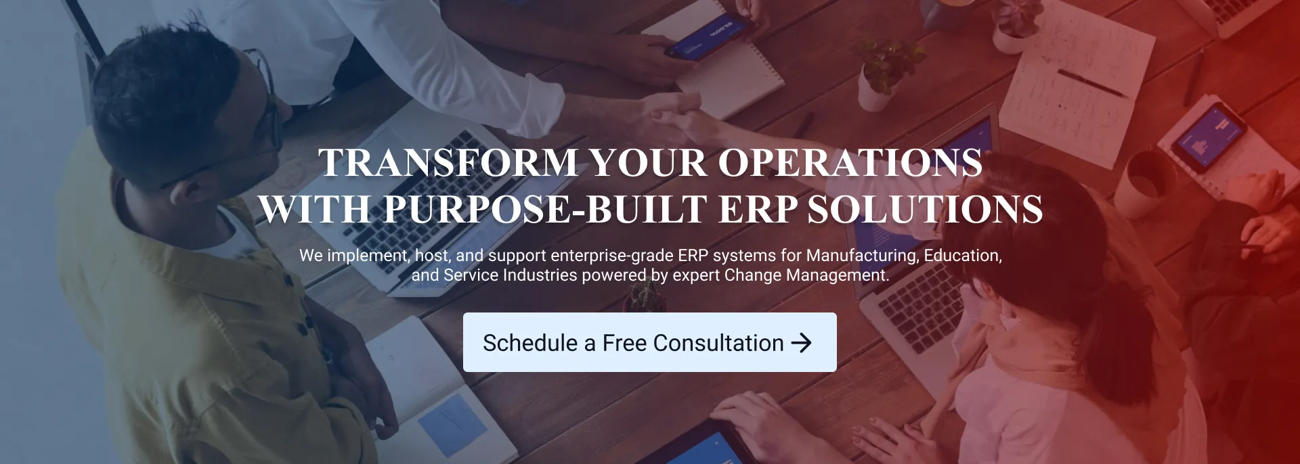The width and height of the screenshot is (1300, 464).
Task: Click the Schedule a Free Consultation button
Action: tap(649, 342)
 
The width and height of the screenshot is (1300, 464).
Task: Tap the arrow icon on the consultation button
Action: tap(801, 343)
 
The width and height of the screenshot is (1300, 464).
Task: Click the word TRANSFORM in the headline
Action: tap(448, 163)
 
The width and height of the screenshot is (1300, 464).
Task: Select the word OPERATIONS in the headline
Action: tap(850, 163)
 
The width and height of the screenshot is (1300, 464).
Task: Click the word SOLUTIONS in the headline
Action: tap(925, 209)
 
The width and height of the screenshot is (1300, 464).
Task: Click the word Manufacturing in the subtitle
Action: tap(863, 256)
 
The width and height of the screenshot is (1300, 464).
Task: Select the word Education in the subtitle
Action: tap(963, 256)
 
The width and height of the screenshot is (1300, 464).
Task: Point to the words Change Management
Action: tap(806, 275)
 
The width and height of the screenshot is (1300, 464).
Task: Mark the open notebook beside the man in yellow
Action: tap(433, 392)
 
